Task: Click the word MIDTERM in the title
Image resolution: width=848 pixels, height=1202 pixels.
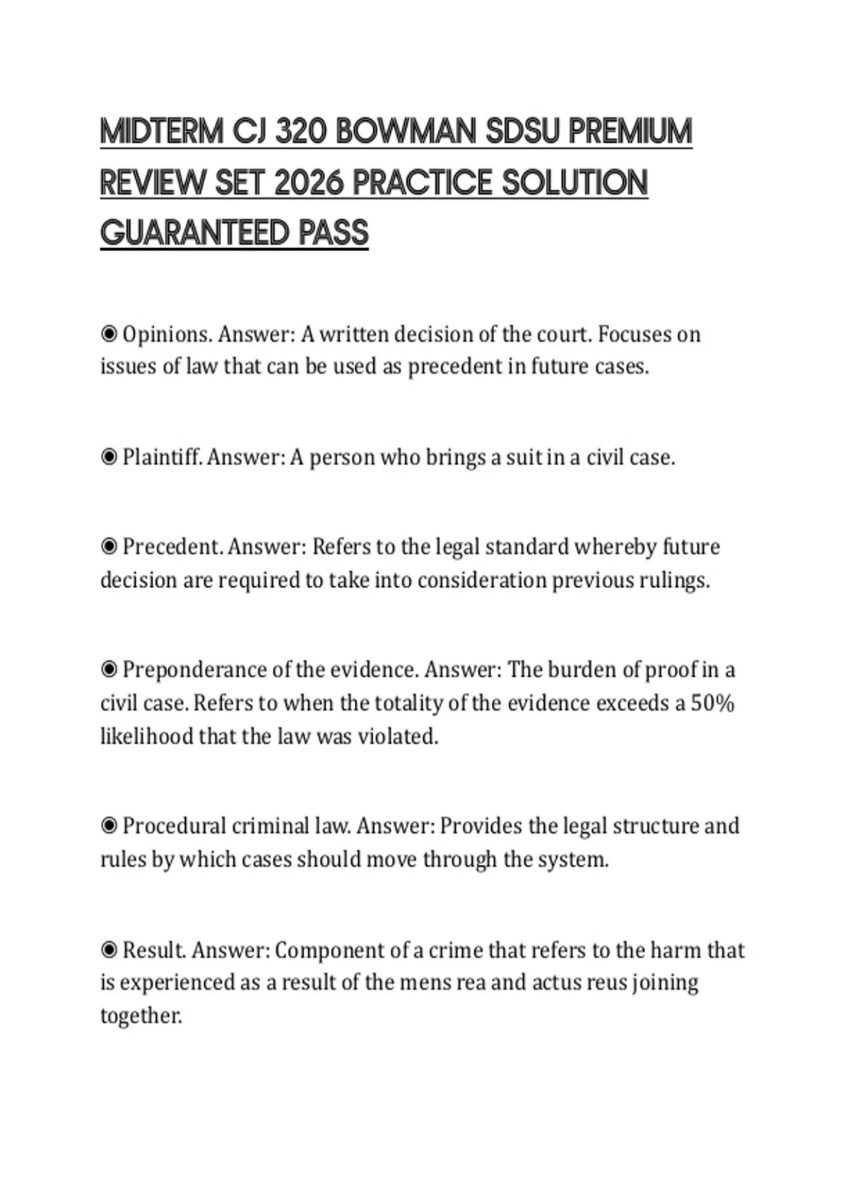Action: point(161,132)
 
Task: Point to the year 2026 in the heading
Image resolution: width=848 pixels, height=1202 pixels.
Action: point(308,183)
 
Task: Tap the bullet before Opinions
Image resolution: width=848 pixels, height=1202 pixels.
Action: point(109,334)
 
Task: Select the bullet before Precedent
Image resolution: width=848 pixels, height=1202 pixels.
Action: point(109,547)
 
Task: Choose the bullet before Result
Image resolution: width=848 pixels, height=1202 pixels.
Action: point(109,950)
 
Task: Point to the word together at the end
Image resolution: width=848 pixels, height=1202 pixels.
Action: point(141,1016)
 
